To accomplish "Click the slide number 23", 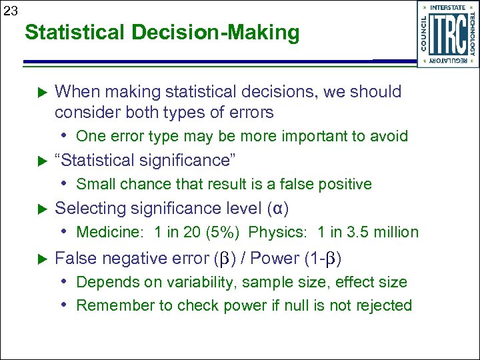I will [10, 10].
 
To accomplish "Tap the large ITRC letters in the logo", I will [448, 34].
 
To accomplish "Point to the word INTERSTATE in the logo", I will [448, 7].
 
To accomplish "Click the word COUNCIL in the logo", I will [424, 33].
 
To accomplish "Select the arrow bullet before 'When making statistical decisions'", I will [39, 92].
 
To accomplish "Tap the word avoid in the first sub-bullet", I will [389, 136].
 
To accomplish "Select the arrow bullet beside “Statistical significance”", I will [39, 161].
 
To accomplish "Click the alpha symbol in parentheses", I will [277, 209].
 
